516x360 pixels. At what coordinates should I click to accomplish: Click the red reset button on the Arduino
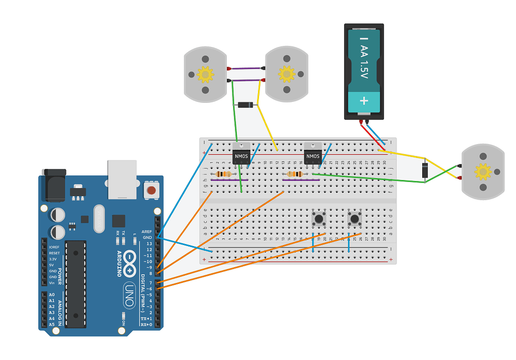click(x=150, y=190)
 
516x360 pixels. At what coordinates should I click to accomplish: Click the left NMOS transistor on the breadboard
click(x=240, y=156)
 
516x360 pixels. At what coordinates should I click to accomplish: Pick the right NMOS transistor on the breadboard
click(x=312, y=156)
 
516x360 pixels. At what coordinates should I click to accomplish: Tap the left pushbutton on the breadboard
click(x=318, y=219)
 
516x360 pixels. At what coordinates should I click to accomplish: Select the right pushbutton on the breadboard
click(x=355, y=219)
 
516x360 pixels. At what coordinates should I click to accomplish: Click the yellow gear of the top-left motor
click(x=205, y=75)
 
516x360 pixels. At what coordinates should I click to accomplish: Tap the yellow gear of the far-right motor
click(x=483, y=171)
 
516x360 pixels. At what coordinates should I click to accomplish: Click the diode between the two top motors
click(x=245, y=105)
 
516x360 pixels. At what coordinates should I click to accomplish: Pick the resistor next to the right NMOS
click(x=296, y=174)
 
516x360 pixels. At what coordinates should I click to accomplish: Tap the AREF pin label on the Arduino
click(x=147, y=231)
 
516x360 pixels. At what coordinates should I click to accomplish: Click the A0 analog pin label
click(x=51, y=294)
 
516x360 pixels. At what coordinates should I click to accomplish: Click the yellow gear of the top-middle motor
click(x=286, y=74)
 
